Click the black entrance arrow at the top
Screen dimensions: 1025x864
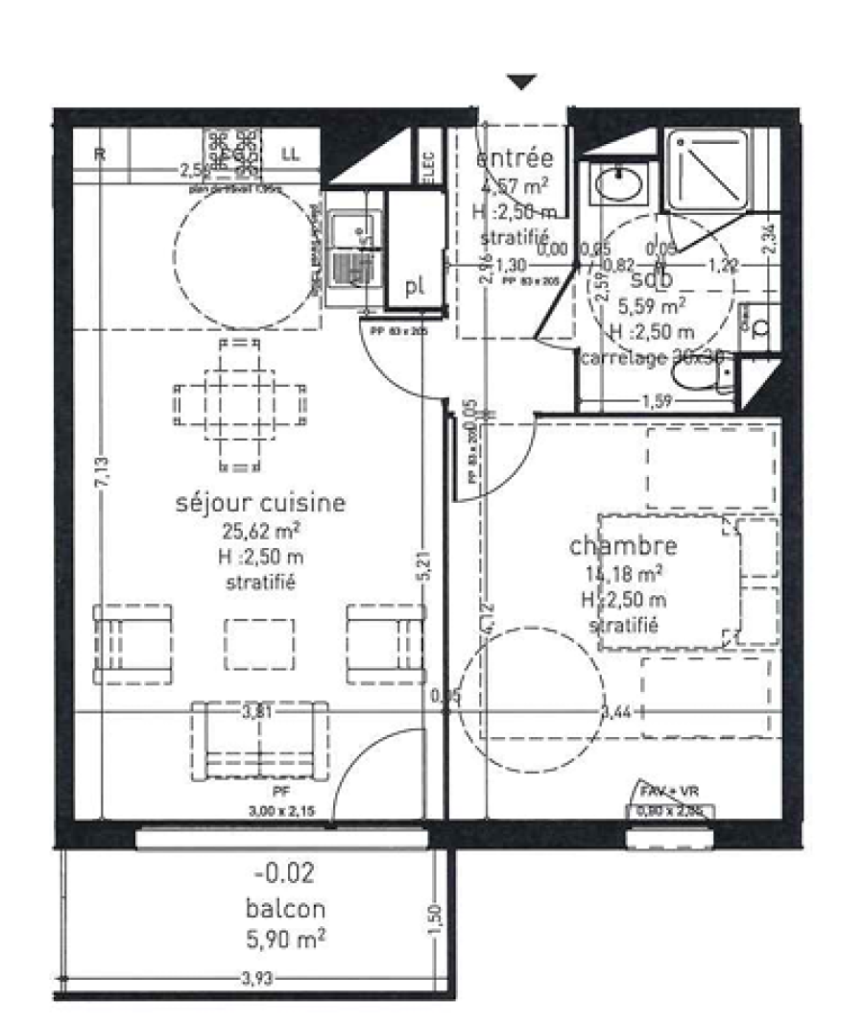[x=521, y=83]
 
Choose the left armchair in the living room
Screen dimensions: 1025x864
[x=132, y=639]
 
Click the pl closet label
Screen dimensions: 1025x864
[x=415, y=287]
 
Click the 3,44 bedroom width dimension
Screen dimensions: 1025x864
[x=615, y=711]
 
